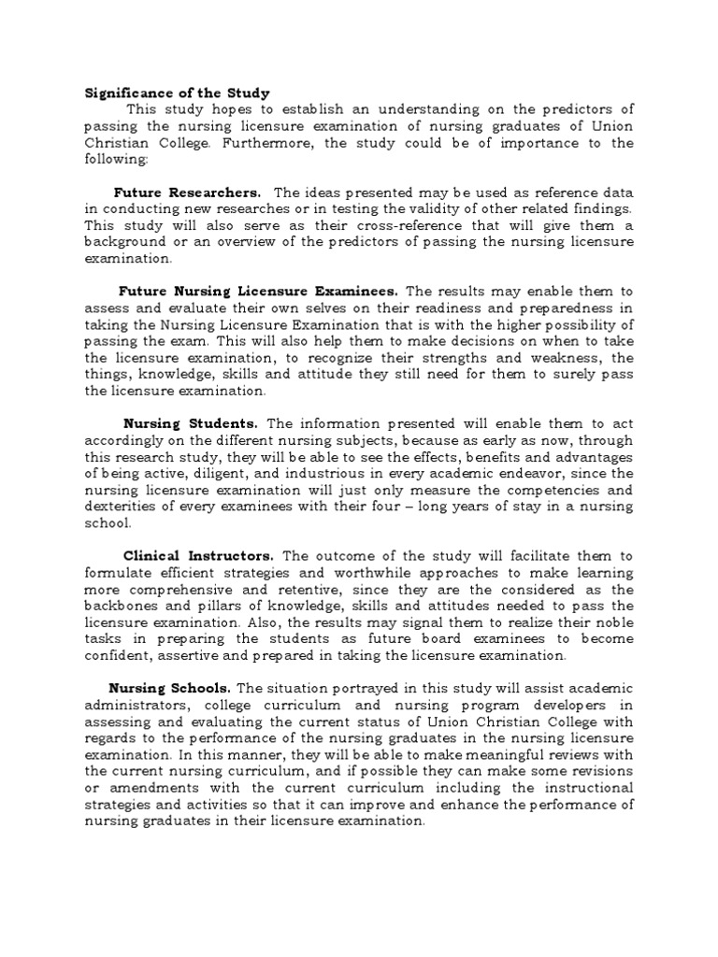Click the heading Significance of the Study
(178, 93)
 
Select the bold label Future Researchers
(187, 192)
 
